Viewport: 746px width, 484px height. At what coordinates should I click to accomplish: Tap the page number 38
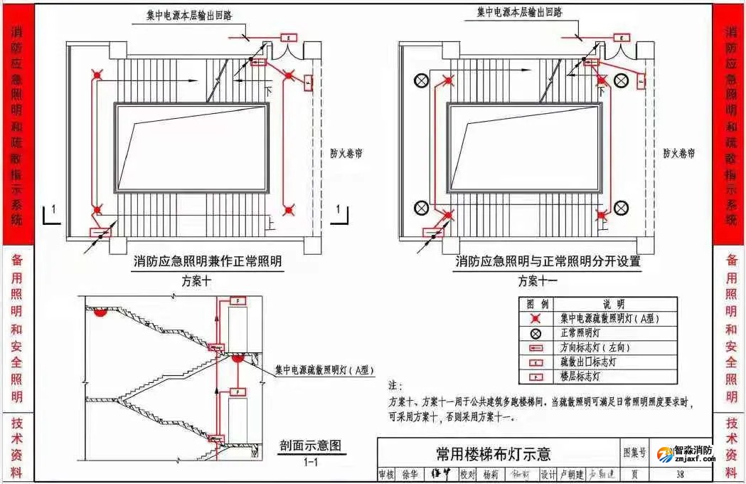pos(680,474)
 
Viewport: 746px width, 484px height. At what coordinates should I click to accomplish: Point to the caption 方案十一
pos(537,280)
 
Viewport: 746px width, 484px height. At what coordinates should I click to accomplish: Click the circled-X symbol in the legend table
pos(535,333)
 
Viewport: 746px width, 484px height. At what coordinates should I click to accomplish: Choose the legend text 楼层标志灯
pos(580,376)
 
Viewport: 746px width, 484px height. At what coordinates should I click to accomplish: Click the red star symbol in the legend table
pos(535,319)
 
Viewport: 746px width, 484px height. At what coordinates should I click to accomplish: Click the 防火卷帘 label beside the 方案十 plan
pos(346,153)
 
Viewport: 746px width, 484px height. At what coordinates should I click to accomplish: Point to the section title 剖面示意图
pos(310,446)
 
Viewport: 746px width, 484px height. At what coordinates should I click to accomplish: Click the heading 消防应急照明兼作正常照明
pos(208,261)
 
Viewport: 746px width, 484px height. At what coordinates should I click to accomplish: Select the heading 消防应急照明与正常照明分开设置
pos(548,261)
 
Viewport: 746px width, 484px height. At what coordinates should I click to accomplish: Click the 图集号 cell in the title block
pos(635,452)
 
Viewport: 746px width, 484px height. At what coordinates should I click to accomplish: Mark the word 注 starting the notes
pos(395,385)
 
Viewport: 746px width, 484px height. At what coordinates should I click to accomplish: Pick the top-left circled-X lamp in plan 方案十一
pos(422,80)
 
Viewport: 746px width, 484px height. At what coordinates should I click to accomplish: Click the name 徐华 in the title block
pos(410,474)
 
